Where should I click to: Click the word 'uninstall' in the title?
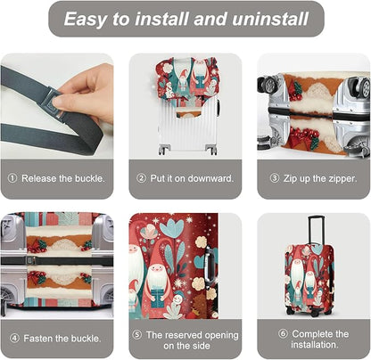click(x=270, y=19)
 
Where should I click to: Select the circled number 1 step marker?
click(x=12, y=178)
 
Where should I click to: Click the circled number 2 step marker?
click(x=141, y=178)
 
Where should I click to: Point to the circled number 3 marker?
click(x=275, y=178)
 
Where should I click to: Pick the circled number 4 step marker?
click(x=14, y=339)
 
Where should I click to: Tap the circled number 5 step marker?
click(x=136, y=335)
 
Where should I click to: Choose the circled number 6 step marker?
click(x=283, y=334)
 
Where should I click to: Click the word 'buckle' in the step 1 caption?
click(x=89, y=178)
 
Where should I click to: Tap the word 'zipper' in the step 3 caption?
click(x=341, y=179)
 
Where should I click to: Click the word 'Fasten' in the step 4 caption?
click(x=38, y=339)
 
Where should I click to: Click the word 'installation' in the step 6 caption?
click(x=314, y=345)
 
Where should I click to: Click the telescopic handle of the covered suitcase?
click(x=316, y=231)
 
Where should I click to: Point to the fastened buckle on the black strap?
click(x=30, y=260)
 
